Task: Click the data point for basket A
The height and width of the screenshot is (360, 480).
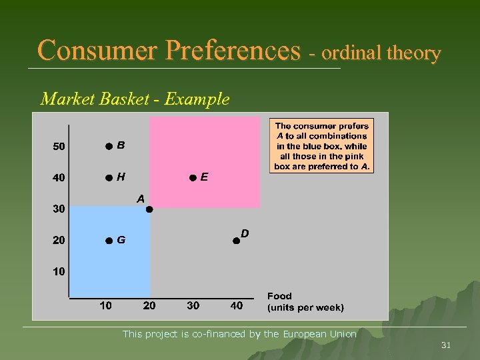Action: click(149, 209)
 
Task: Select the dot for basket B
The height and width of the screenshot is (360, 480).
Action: click(108, 146)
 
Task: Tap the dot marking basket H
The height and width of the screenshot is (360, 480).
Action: click(108, 178)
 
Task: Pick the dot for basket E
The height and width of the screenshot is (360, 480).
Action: click(192, 178)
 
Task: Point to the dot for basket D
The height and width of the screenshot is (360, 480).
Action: click(236, 241)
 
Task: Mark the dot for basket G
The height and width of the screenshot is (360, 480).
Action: click(108, 241)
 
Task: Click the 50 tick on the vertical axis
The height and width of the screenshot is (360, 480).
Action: click(59, 147)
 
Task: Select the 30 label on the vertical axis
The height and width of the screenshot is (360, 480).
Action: click(59, 209)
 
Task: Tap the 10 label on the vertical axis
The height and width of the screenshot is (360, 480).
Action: click(59, 272)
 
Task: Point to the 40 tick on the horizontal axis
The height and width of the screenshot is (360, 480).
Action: click(236, 306)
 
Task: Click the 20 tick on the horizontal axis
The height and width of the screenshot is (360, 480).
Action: click(149, 306)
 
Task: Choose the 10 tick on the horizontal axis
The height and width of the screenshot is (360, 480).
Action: click(105, 306)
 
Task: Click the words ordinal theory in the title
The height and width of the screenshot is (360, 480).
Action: click(383, 53)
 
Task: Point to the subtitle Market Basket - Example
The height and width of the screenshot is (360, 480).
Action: click(135, 99)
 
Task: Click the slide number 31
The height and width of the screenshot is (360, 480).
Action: click(446, 345)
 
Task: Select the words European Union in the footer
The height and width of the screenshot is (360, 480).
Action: click(319, 334)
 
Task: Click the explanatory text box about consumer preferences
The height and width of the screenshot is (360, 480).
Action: click(322, 146)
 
